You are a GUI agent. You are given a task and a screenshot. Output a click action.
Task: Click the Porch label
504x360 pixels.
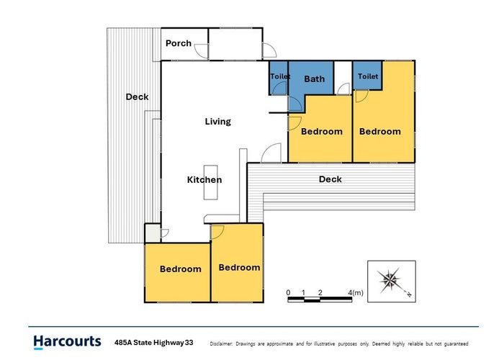pos(179,43)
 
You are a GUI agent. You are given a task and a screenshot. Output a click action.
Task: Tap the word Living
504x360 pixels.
pos(218,122)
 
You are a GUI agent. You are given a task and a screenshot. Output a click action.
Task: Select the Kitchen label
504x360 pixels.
pos(204,179)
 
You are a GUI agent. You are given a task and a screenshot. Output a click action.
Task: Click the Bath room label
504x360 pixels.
pos(315,78)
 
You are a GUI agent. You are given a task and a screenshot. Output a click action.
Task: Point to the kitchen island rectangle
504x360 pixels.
pos(210,182)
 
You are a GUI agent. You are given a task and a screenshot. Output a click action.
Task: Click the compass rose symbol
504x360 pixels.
pos(391,281)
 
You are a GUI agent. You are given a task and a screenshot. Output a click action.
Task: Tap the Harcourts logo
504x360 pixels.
pos(67,342)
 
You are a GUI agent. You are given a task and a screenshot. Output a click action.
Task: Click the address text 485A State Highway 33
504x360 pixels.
pos(154,343)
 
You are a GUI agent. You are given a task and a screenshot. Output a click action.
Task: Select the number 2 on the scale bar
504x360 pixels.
pos(320,292)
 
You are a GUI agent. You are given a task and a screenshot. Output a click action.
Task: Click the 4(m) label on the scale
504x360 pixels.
pos(356,292)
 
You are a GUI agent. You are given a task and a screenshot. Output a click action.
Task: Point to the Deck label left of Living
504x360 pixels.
pos(138,96)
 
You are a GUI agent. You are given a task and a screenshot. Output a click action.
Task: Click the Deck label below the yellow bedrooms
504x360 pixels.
pos(330,179)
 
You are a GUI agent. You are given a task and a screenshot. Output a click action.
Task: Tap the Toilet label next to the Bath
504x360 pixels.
pos(280,76)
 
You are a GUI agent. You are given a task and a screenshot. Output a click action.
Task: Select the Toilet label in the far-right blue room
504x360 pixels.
pos(368,76)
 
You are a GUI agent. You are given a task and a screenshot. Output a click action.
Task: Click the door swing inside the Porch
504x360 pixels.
pos(202,51)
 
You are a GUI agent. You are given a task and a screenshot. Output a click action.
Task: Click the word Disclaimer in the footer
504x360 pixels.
pos(221,343)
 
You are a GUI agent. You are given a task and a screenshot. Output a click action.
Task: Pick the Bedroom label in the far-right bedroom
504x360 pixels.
pos(380,131)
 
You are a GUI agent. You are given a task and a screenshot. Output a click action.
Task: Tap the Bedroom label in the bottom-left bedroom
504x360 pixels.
pos(181,269)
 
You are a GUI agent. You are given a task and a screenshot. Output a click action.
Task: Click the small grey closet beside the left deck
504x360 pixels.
pos(153,233)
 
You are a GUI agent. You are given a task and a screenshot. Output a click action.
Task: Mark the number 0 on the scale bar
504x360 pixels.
pos(288,292)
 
